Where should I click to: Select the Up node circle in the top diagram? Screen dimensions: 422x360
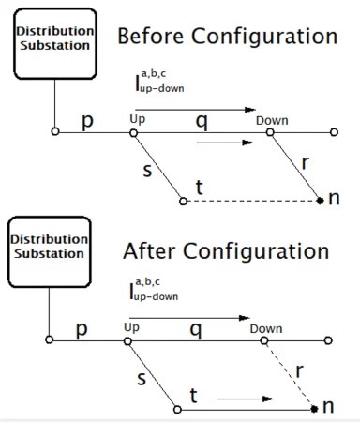pos(133,132)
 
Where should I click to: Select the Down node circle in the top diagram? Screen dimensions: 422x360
pos(270,132)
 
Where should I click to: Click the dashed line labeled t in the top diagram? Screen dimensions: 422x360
pos(253,200)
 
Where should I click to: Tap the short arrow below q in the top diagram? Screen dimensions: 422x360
pos(225,143)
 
